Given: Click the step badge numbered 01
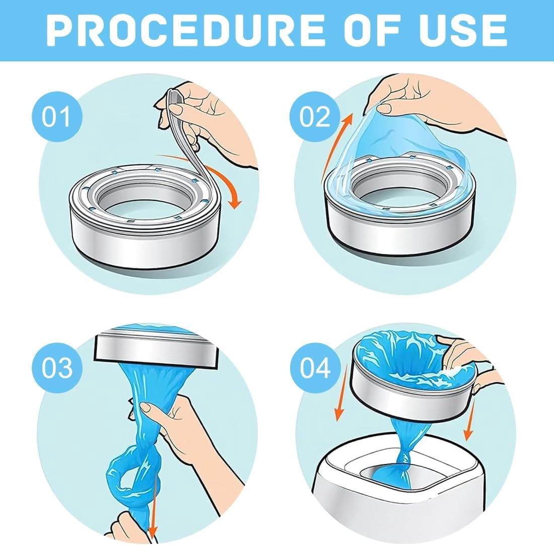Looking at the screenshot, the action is pyautogui.click(x=56, y=117).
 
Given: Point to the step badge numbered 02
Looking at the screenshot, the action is pyautogui.click(x=314, y=117).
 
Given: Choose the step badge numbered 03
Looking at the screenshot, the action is pyautogui.click(x=57, y=368).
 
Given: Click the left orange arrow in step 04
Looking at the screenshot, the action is pyautogui.click(x=342, y=392).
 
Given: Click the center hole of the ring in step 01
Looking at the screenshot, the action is pyautogui.click(x=149, y=205).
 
